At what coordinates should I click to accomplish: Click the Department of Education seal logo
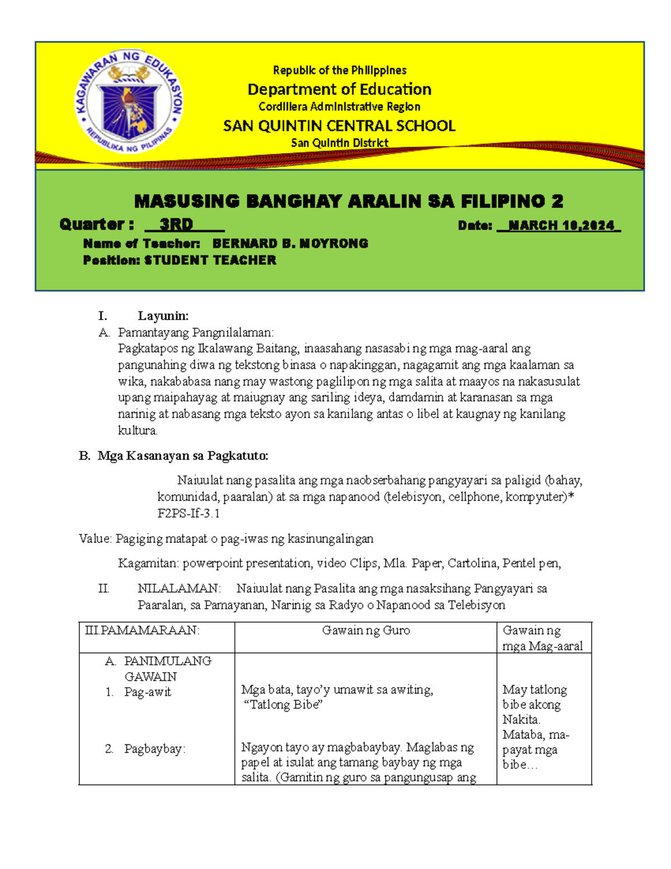pos(129,104)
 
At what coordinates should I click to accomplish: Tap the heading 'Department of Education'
pos(339,90)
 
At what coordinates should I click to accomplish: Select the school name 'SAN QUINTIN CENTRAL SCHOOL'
pos(339,126)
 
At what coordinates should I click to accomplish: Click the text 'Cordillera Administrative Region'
pos(339,107)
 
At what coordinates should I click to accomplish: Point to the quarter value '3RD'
pos(176,224)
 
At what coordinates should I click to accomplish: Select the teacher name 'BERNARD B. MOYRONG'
pos(290,243)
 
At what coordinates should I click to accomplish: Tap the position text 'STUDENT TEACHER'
pos(210,260)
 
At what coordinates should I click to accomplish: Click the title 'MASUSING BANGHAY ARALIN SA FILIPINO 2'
pos(349,201)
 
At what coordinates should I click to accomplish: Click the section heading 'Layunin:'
pos(163,316)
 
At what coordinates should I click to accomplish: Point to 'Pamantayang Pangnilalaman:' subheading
pos(196,332)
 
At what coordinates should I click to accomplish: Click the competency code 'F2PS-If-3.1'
pos(188,513)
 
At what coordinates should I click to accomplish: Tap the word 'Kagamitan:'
pos(148,563)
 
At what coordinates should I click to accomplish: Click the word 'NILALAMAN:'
pos(179,589)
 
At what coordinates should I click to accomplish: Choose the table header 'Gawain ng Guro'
pos(366,631)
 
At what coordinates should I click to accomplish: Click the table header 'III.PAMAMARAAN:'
pos(142,631)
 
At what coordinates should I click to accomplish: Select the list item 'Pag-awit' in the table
pos(148,692)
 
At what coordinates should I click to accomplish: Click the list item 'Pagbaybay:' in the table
pos(154,749)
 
